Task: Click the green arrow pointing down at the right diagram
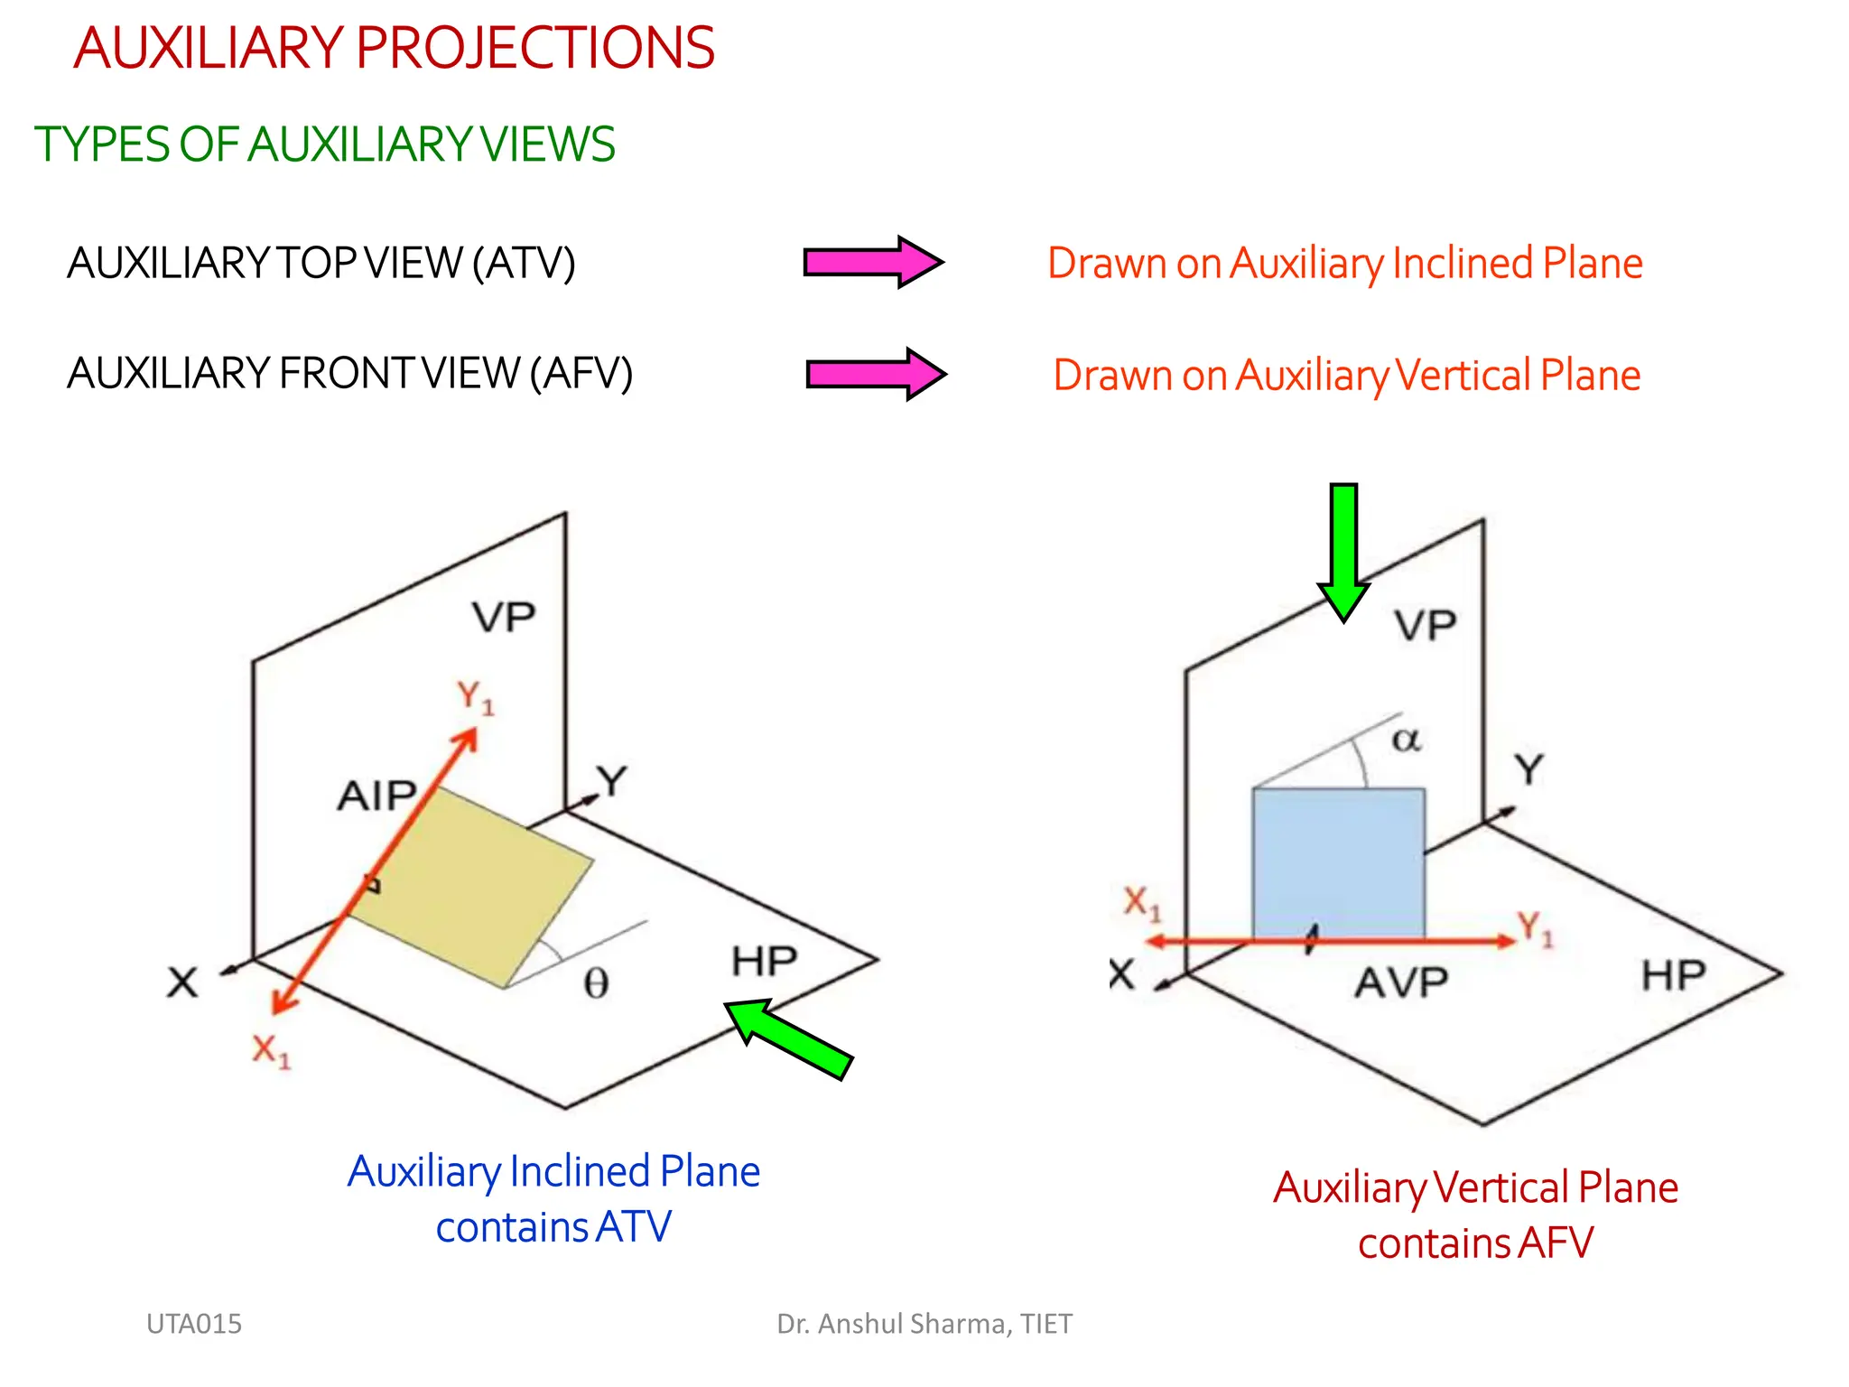point(1343,551)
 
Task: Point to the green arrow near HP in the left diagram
point(789,1038)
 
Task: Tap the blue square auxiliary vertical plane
point(1338,862)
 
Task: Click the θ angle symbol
point(596,983)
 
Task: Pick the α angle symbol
point(1406,740)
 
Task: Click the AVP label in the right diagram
point(1401,982)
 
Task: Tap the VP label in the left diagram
point(504,618)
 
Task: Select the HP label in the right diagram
point(1673,976)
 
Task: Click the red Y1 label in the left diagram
point(475,698)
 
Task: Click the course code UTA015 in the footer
point(194,1324)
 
